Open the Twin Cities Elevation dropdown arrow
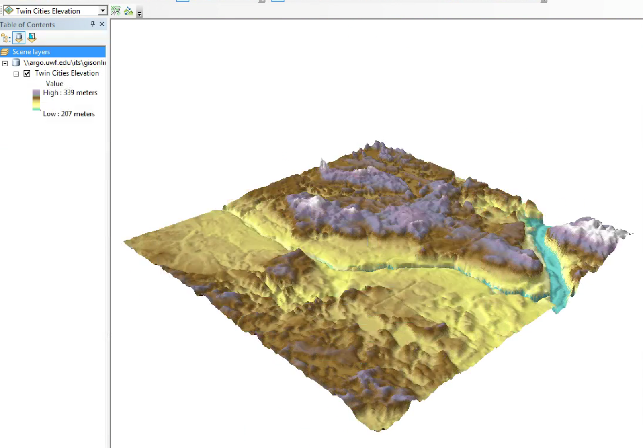pyautogui.click(x=103, y=11)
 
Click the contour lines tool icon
pyautogui.click(x=116, y=11)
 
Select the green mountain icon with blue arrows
pyautogui.click(x=129, y=11)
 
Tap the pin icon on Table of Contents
pyautogui.click(x=93, y=24)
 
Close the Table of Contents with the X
pyautogui.click(x=102, y=24)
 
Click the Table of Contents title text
pyautogui.click(x=27, y=25)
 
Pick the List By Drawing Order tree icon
pyautogui.click(x=6, y=38)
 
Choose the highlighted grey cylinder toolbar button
pyautogui.click(x=18, y=38)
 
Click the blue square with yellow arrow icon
pyautogui.click(x=32, y=38)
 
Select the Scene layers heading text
pyautogui.click(x=31, y=52)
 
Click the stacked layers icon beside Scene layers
pyautogui.click(x=5, y=52)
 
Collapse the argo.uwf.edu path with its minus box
pyautogui.click(x=5, y=63)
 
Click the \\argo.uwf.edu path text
pyautogui.click(x=64, y=62)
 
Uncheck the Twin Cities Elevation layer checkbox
pyautogui.click(x=27, y=74)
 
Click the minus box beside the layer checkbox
pyautogui.click(x=16, y=74)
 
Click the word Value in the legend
pyautogui.click(x=54, y=84)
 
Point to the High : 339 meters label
pyautogui.click(x=70, y=92)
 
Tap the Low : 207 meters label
pyautogui.click(x=69, y=114)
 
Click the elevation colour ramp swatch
pyautogui.click(x=36, y=100)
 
